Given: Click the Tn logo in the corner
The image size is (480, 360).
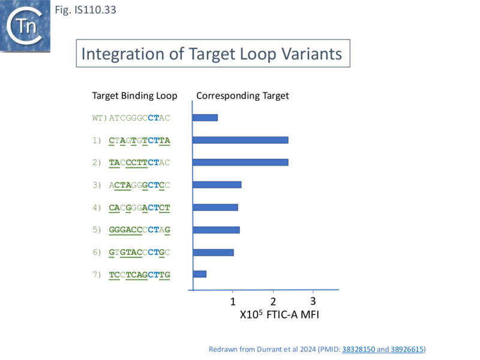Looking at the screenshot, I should pyautogui.click(x=26, y=26).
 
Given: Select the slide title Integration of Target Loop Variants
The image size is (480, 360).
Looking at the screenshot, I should pyautogui.click(x=211, y=54).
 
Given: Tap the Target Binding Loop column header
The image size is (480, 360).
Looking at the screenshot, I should pyautogui.click(x=134, y=96).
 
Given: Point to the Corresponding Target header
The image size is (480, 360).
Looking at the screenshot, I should pyautogui.click(x=242, y=96).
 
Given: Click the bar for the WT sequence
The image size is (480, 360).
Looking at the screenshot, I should pyautogui.click(x=205, y=118).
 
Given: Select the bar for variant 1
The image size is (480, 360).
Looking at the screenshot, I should pyautogui.click(x=240, y=140).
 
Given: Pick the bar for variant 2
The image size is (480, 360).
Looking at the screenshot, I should pyautogui.click(x=240, y=162).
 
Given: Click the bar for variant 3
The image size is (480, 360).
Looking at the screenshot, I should pyautogui.click(x=217, y=185).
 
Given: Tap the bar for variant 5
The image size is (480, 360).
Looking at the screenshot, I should pyautogui.click(x=216, y=229).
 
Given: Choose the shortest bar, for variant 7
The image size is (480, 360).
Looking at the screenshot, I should pyautogui.click(x=199, y=274).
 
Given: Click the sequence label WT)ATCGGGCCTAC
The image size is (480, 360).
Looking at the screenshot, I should pyautogui.click(x=131, y=118).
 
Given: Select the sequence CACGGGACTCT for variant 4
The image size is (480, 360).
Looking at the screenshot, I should pyautogui.click(x=139, y=208).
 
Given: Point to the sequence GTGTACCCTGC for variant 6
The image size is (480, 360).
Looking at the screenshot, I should pyautogui.click(x=139, y=252).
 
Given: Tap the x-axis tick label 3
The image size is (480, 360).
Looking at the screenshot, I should pyautogui.click(x=313, y=301).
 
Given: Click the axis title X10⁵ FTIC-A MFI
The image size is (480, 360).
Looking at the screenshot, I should pyautogui.click(x=279, y=314).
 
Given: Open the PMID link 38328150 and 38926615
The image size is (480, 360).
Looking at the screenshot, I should pyautogui.click(x=382, y=349).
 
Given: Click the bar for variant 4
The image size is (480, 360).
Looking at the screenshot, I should pyautogui.click(x=215, y=208).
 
